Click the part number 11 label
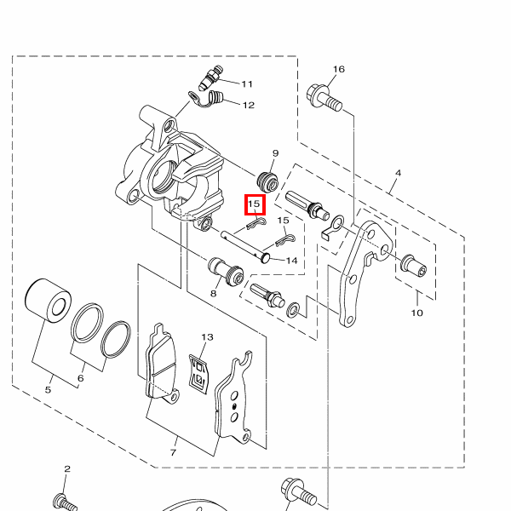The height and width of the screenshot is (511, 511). [247, 84]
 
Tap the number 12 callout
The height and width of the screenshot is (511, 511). [248, 106]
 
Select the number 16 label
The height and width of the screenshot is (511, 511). [338, 69]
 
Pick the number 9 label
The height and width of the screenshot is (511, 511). [275, 153]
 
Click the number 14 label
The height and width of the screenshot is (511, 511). [291, 261]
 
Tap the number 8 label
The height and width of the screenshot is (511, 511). [214, 293]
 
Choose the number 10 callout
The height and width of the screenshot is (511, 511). [416, 313]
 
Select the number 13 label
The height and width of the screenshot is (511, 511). [207, 337]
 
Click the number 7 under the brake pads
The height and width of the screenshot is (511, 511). [173, 452]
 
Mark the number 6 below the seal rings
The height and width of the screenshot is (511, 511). [81, 378]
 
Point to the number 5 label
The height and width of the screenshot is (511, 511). [48, 390]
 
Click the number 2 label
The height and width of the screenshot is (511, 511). [66, 469]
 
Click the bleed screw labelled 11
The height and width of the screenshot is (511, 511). [209, 81]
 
